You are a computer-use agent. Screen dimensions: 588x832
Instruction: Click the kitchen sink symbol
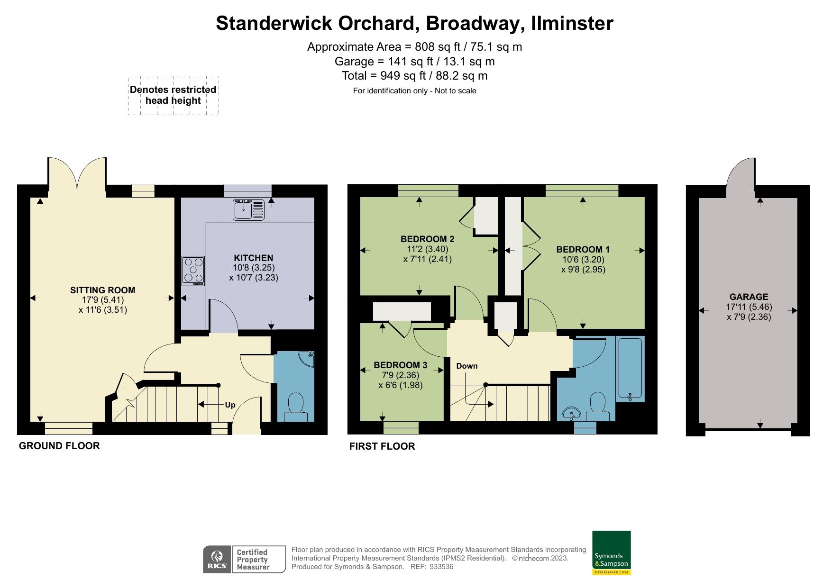tap(248, 210)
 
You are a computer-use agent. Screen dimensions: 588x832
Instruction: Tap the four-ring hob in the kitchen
tap(193, 271)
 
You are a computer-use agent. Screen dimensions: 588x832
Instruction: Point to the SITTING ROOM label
tap(103, 290)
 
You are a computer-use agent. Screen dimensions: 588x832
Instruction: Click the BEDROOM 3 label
tap(400, 365)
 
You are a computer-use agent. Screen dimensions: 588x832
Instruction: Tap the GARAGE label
tap(749, 297)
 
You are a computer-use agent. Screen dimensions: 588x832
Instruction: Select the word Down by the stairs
tap(466, 366)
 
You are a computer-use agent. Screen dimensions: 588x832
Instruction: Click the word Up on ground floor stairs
tap(230, 405)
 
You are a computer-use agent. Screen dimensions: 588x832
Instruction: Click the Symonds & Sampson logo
tap(611, 552)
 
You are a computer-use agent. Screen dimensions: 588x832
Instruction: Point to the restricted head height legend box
tap(173, 95)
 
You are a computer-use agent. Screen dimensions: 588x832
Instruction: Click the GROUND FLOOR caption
tap(59, 446)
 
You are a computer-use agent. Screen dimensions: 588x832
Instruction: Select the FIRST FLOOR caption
tap(382, 446)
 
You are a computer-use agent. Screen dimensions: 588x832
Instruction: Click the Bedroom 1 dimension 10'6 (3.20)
tap(583, 259)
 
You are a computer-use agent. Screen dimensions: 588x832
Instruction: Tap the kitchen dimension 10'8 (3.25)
tap(253, 267)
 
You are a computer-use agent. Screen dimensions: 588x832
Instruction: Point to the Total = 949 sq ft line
tap(414, 76)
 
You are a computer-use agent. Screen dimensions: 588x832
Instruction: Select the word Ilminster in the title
tap(572, 23)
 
